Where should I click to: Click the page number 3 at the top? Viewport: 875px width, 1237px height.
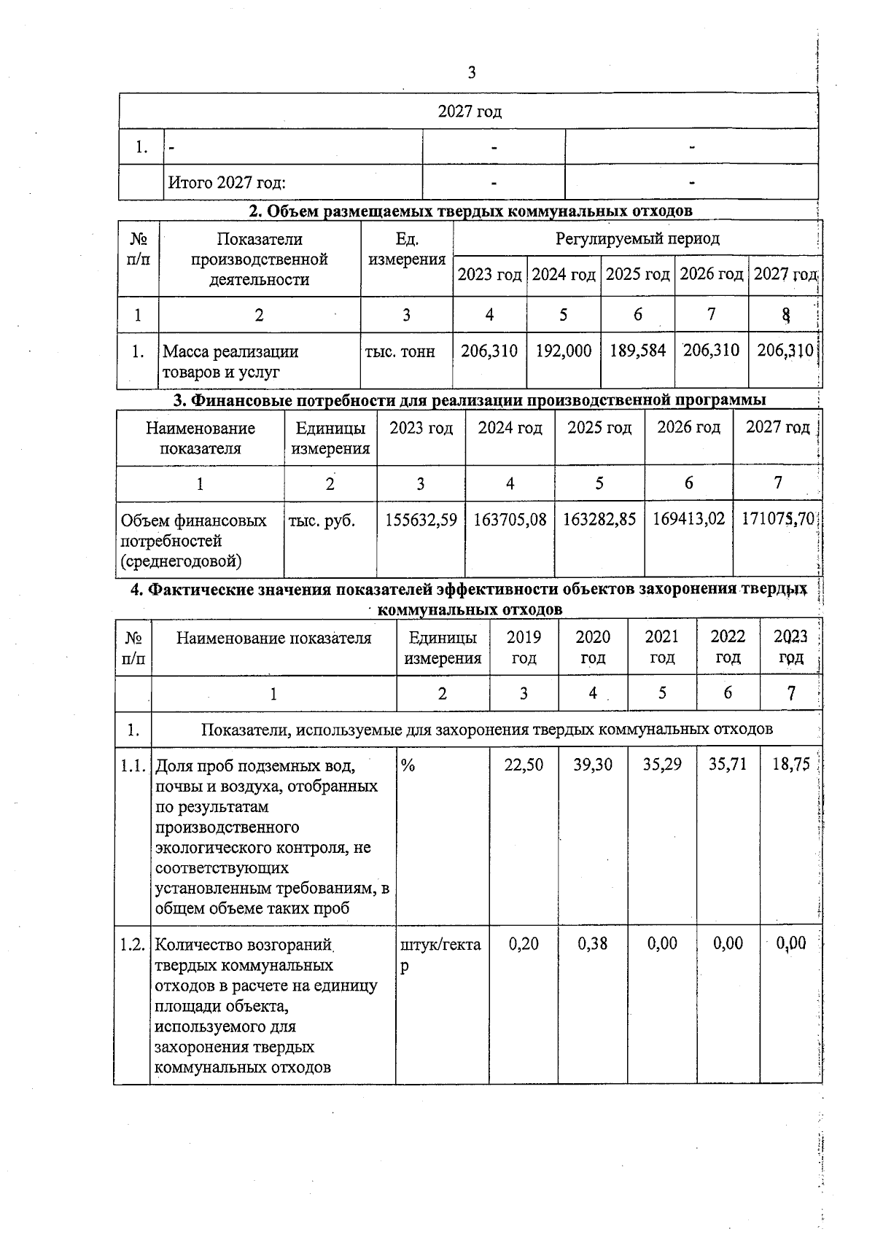coord(471,72)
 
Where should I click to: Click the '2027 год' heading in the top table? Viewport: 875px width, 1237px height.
coord(470,112)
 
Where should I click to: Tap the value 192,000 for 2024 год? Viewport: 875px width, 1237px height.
coord(564,351)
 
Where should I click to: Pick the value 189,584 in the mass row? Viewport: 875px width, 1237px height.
coord(638,351)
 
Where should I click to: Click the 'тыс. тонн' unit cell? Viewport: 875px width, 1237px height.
coord(400,352)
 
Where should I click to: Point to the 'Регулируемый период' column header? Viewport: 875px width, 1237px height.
coord(637,238)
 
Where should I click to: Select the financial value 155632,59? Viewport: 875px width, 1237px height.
coord(421,520)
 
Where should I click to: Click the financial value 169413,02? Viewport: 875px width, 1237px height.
coord(688,519)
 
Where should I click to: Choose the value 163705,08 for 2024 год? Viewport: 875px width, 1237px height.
coord(510,520)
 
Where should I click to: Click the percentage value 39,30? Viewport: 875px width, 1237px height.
coord(593,765)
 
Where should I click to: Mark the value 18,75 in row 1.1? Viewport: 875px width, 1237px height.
coord(790,765)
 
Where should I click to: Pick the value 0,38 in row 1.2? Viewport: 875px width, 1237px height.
coord(592,944)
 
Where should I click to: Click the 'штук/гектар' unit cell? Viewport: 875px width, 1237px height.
coord(440,954)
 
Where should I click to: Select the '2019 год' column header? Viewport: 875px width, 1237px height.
coord(524,647)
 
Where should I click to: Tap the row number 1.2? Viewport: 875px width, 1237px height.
coord(132,945)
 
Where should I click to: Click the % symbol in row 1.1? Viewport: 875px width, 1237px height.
coord(408,765)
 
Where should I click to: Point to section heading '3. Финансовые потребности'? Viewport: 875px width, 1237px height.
coord(469,399)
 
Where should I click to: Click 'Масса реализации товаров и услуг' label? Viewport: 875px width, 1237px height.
coord(230,362)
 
